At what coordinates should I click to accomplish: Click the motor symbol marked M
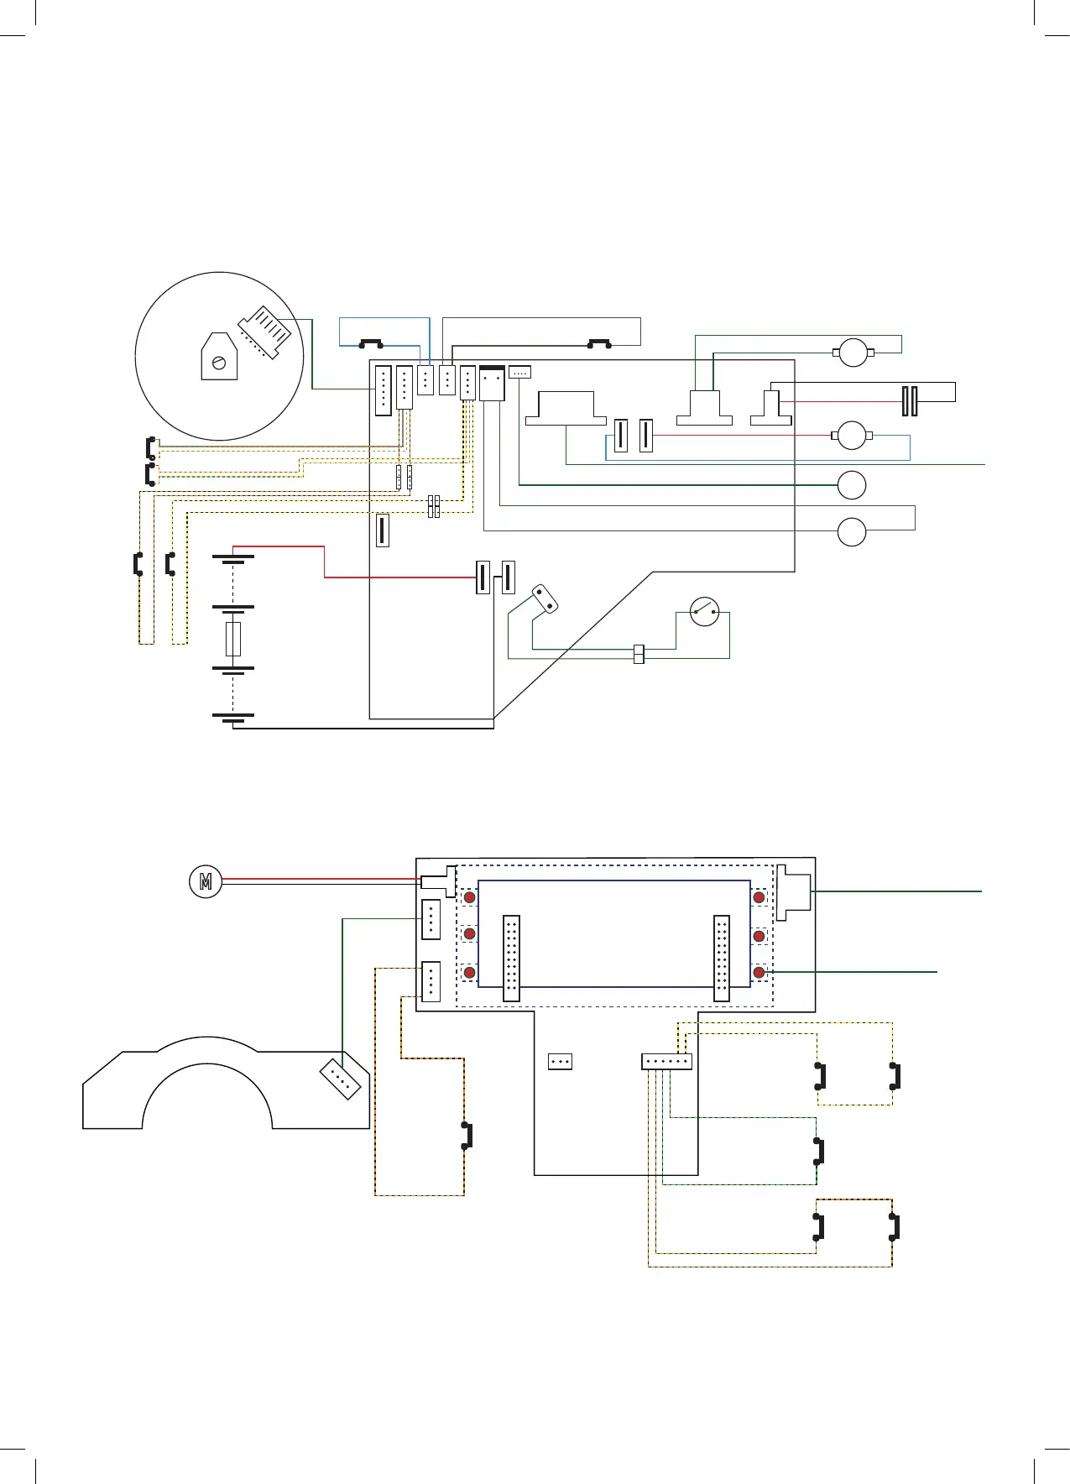click(x=206, y=881)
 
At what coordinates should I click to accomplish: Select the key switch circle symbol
click(x=704, y=612)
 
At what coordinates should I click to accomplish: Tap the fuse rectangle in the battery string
click(x=233, y=639)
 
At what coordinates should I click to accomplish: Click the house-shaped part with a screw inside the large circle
click(x=219, y=357)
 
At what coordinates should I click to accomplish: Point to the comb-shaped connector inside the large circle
click(x=265, y=332)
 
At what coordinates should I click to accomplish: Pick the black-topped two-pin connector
click(x=492, y=383)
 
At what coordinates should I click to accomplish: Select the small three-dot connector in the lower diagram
click(x=560, y=1062)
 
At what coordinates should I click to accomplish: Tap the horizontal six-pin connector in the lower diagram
click(x=666, y=1062)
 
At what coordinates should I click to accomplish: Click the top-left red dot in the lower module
click(x=470, y=897)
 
